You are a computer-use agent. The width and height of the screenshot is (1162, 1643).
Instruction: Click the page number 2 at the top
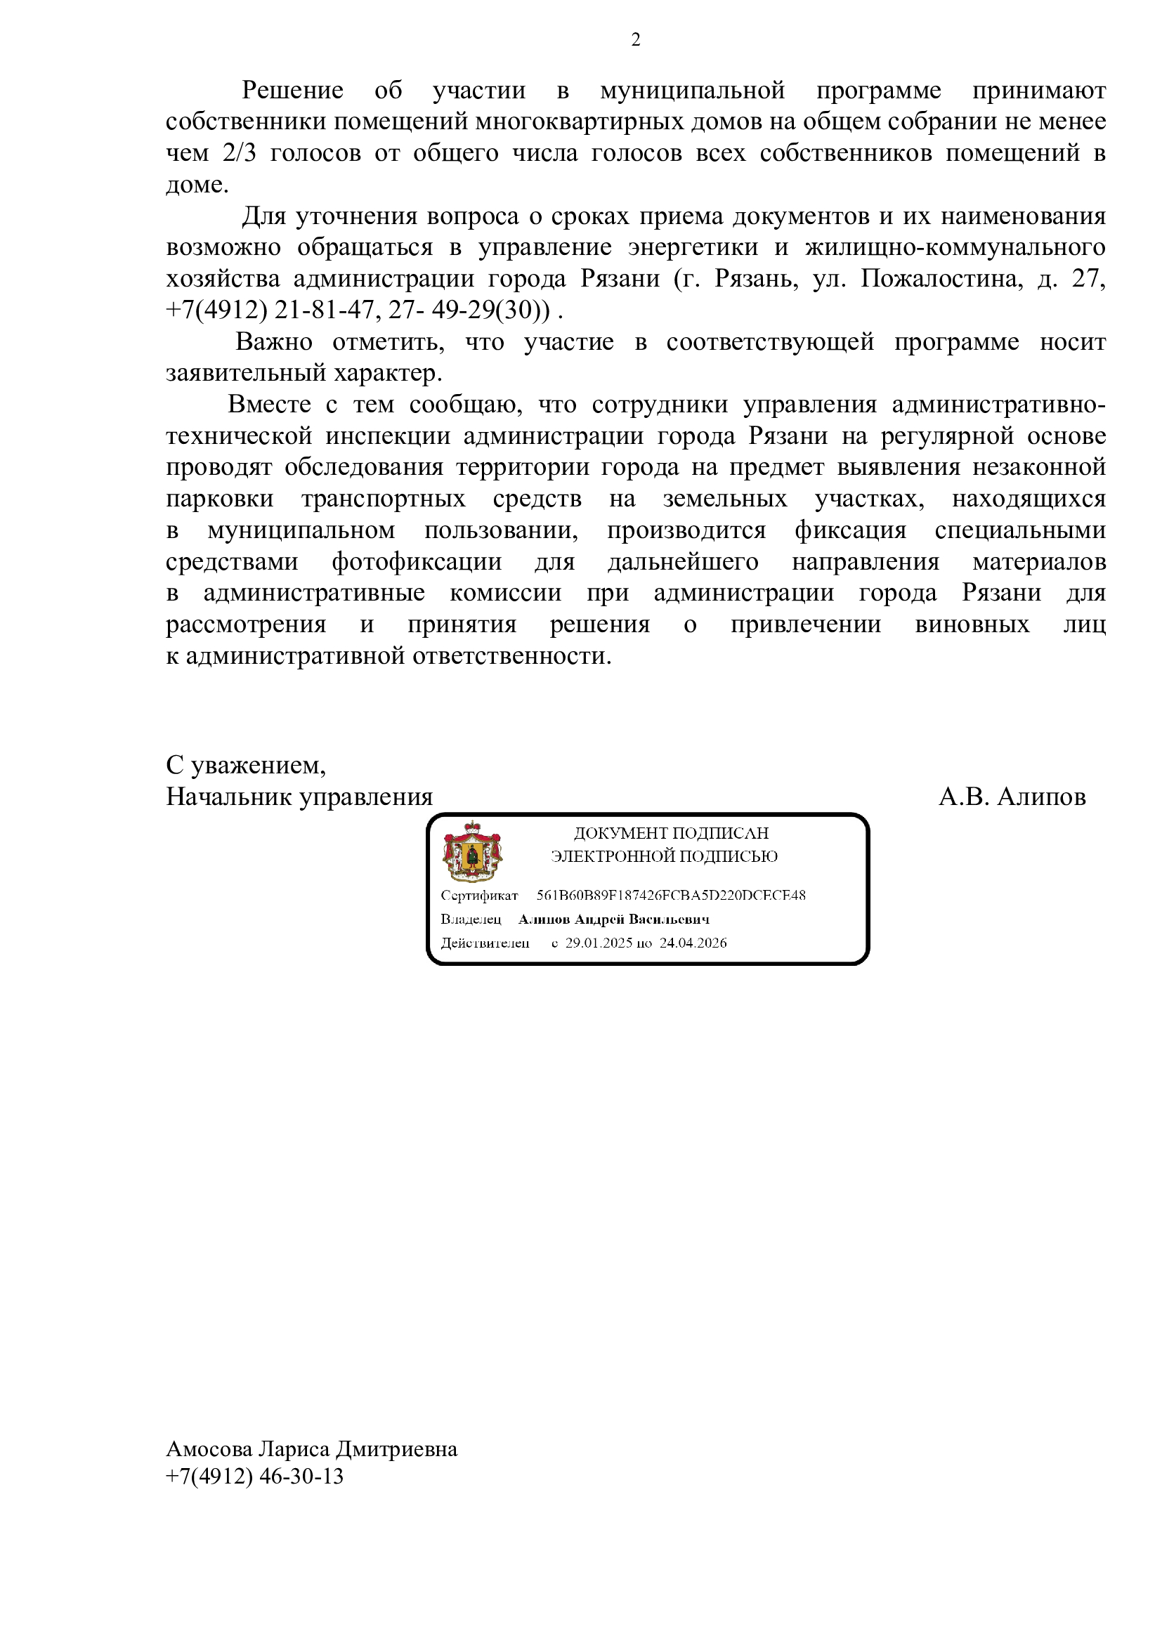(635, 41)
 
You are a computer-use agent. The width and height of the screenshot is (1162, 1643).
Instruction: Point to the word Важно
(274, 342)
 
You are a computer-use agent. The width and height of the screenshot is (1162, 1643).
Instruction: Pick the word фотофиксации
(417, 562)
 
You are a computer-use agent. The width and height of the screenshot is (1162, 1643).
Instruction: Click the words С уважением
(245, 766)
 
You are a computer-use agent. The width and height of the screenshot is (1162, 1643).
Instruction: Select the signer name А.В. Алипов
(1012, 797)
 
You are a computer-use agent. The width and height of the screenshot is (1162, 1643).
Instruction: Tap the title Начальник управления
(299, 797)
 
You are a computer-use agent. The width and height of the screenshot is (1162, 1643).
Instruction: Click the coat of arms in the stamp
(472, 851)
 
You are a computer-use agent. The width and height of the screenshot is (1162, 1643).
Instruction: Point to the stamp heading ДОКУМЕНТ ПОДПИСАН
(670, 833)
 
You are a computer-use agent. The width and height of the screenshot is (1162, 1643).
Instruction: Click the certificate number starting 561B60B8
(671, 895)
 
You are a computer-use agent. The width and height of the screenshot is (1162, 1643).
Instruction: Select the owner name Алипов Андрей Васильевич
(614, 919)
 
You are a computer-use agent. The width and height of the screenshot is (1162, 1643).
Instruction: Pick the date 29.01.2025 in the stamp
(598, 943)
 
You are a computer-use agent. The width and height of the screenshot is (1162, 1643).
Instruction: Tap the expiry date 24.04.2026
(693, 943)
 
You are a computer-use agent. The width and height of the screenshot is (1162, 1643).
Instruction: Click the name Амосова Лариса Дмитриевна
(311, 1450)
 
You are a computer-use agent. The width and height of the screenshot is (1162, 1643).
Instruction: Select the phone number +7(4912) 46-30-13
(254, 1477)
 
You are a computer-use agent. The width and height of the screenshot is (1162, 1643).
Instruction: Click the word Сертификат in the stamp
(479, 896)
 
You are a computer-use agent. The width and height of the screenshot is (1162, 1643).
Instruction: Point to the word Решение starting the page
(292, 91)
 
